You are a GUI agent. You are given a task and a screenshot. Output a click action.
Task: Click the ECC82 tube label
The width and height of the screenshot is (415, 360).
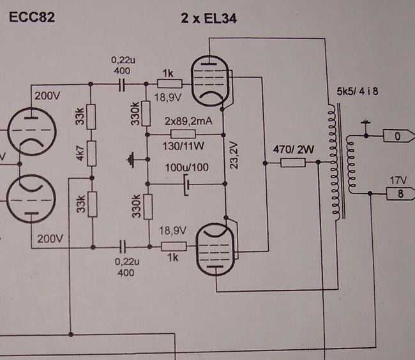click(32, 17)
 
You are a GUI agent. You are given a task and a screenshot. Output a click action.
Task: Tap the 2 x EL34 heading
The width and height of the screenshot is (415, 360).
click(209, 19)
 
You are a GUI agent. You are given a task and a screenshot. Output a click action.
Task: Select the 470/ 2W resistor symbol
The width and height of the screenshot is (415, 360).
click(293, 163)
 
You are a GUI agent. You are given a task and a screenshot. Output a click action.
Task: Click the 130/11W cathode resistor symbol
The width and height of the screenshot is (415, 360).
click(183, 134)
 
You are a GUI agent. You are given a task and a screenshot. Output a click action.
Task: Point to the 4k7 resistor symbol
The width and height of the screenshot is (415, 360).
click(91, 153)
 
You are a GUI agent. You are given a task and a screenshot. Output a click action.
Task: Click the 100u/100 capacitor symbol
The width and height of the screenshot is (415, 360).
click(186, 184)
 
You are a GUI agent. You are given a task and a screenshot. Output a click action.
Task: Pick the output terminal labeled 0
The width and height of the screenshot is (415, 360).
click(398, 136)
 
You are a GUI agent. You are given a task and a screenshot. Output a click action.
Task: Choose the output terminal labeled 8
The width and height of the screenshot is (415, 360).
click(400, 193)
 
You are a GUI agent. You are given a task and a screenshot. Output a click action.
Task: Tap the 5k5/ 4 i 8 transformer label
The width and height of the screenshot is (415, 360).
click(358, 91)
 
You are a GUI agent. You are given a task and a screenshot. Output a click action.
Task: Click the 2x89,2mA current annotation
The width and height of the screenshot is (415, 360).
click(188, 121)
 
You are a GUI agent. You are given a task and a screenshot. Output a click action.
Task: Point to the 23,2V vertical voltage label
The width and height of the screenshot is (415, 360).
click(234, 155)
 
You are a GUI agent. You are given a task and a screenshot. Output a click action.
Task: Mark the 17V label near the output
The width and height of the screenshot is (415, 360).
click(398, 181)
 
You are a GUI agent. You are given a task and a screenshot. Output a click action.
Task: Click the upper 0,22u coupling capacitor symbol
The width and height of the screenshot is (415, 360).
click(122, 84)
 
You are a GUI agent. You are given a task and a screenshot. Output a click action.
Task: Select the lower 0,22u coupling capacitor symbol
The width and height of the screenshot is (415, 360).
click(123, 247)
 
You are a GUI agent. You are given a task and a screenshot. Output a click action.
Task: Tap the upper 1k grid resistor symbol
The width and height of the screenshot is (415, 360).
click(170, 84)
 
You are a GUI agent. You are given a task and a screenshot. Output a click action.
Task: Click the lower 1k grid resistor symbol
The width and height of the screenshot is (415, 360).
click(174, 246)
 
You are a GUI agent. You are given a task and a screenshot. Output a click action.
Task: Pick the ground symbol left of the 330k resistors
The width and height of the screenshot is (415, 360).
click(131, 160)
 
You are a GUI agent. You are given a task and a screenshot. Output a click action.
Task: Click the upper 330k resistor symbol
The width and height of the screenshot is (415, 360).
click(146, 113)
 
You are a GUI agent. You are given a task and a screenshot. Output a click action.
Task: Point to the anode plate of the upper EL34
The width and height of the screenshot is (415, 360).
click(209, 63)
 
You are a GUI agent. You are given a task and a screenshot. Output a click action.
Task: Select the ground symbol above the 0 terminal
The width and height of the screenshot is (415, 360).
click(366, 122)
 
